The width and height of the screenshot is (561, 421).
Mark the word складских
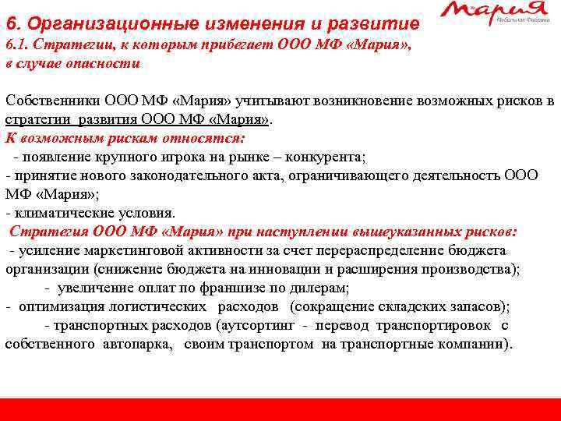click(x=412, y=306)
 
